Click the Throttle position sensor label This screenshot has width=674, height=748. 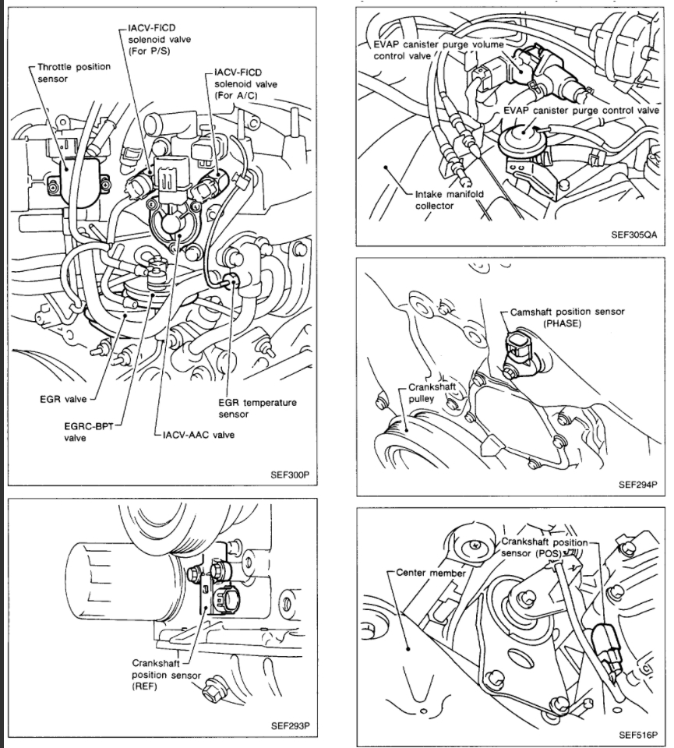tap(74, 73)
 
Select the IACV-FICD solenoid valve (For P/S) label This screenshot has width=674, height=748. tap(157, 40)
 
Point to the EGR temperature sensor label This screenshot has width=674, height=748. tap(258, 408)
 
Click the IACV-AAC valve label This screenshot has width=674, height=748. tap(199, 435)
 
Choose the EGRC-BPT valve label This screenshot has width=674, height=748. tap(86, 432)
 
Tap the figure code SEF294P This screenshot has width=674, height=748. tap(638, 483)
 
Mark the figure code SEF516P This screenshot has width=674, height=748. tap(638, 734)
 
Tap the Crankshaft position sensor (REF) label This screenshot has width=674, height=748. tap(166, 674)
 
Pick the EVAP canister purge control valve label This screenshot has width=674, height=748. tap(580, 111)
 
